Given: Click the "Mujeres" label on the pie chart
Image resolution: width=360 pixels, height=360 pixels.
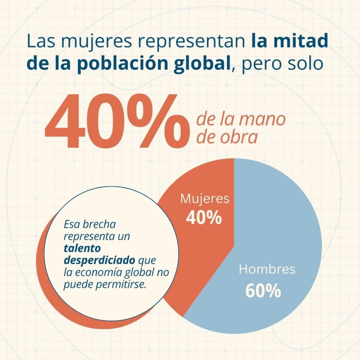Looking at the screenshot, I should [x=205, y=199].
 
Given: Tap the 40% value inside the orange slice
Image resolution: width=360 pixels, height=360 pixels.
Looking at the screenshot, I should [x=204, y=218].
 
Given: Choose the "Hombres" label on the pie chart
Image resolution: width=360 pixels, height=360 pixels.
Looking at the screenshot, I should [x=267, y=270].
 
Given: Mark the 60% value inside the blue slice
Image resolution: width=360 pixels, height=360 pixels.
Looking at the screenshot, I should [x=263, y=291].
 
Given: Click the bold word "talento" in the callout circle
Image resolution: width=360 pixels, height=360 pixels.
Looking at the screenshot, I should [x=82, y=248].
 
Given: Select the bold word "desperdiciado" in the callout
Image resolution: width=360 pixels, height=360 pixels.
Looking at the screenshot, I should [x=99, y=261].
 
